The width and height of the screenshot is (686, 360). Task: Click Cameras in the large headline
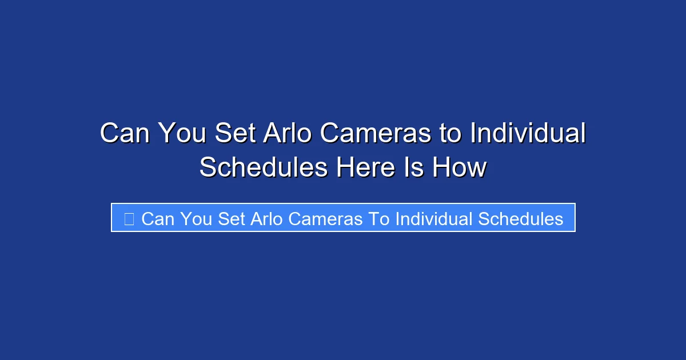tap(376, 134)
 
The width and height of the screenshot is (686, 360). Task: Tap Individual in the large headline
tap(528, 134)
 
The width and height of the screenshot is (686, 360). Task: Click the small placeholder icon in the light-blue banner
tap(129, 219)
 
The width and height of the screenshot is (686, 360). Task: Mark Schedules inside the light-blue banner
tap(520, 219)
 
